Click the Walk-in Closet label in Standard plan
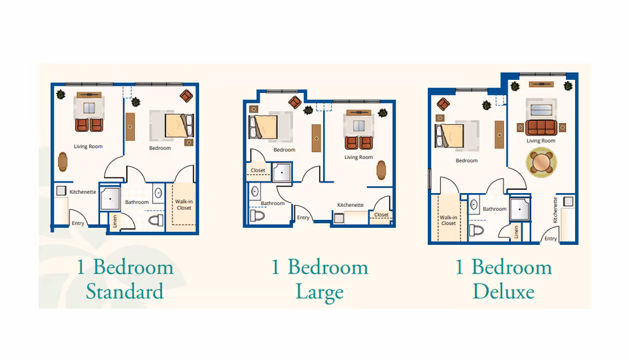184,205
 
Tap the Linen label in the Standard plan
114,221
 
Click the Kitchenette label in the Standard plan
83,192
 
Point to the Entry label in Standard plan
78,223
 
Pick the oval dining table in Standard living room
63,161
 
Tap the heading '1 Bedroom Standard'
124,279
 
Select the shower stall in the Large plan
283,172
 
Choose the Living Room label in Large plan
358,157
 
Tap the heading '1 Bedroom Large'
320,279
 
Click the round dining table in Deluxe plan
541,164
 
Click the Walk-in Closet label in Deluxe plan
448,220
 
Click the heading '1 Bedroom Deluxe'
504,279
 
